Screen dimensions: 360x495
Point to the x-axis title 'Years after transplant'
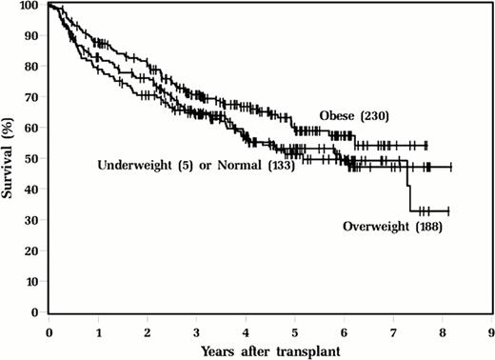[269, 350]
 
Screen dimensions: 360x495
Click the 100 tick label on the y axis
[31, 7]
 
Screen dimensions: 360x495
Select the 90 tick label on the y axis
[34, 37]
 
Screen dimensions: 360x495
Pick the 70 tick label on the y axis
[34, 98]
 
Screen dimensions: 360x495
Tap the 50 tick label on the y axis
[34, 159]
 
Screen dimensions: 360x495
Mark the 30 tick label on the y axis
[34, 220]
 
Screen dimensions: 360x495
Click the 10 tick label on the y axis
[34, 282]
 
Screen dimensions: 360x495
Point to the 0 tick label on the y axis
[37, 312]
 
